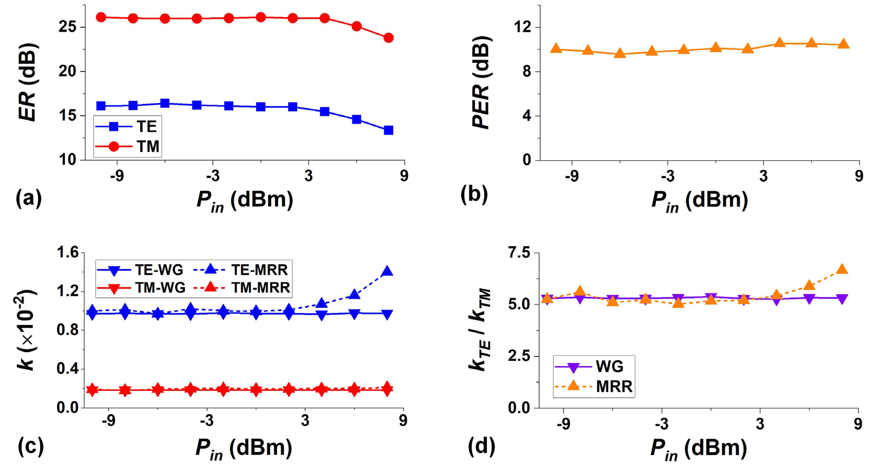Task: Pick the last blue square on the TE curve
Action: [x=388, y=130]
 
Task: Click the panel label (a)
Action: [x=29, y=198]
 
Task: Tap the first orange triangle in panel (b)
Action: [x=556, y=49]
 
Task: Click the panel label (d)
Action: [x=481, y=446]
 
